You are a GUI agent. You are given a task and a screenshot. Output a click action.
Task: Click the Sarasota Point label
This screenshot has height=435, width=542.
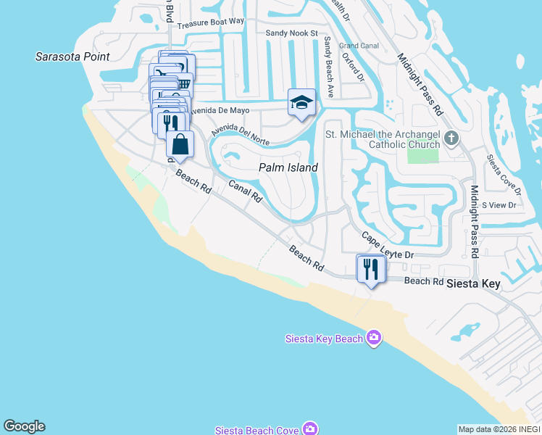pos(73,57)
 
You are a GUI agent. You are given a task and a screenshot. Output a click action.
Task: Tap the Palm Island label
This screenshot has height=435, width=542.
pos(288,167)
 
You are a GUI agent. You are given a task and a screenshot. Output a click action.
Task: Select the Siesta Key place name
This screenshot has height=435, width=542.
pos(473,283)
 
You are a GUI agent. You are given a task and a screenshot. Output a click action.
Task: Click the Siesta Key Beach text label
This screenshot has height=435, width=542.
pos(324,338)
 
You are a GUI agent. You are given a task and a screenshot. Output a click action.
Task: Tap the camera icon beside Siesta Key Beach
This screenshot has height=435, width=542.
pos(374,338)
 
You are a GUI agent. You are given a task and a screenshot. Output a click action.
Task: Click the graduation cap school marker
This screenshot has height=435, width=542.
pos(301,102)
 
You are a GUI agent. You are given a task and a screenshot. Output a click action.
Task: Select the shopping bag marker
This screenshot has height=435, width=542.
pos(180,144)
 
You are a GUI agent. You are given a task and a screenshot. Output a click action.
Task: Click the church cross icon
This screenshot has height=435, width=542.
pos(451,138)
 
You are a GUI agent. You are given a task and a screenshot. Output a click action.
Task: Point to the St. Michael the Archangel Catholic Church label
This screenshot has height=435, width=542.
pos(383,139)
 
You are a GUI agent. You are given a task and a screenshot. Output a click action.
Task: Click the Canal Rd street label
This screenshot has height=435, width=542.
pos(244,191)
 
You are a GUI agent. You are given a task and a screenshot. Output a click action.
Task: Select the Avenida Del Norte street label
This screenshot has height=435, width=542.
pos(241,133)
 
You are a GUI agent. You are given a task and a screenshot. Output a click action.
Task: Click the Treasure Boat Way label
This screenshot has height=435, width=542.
pos(211,22)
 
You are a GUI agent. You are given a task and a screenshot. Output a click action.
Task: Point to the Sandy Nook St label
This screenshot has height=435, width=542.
pos(292,33)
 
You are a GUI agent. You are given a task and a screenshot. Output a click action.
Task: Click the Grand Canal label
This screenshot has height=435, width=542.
pos(359,46)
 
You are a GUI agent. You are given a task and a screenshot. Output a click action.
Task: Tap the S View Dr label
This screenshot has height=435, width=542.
pos(498,206)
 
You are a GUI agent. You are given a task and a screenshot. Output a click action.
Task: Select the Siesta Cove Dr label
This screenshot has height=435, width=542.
pos(504,175)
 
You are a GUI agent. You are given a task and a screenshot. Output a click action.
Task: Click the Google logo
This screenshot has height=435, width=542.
pos(24,426)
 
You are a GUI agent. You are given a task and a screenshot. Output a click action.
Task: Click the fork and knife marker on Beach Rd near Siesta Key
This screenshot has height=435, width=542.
pos(371,270)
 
